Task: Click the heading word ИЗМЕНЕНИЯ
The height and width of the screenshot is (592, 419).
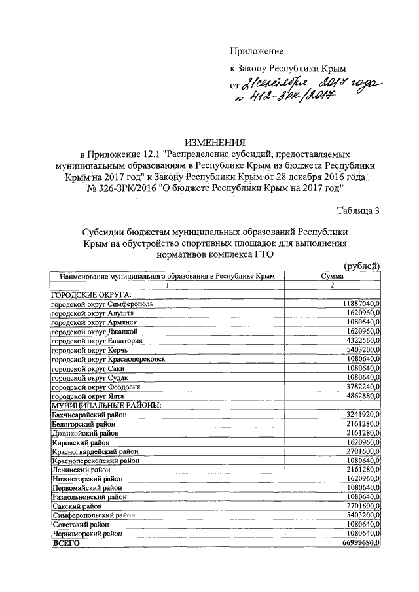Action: (215, 142)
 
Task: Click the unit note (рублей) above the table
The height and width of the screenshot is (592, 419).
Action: (361, 265)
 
